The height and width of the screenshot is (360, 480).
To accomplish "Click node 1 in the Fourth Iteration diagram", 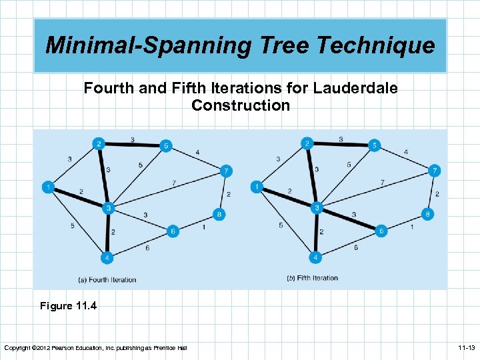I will (x=48, y=187).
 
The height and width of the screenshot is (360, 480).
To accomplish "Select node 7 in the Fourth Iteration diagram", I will (x=227, y=171).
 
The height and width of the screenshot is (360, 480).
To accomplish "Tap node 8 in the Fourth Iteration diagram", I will (x=219, y=214).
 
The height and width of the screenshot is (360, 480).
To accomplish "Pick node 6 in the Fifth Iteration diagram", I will (x=382, y=231).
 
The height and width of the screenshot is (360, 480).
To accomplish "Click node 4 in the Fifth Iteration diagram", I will (x=316, y=257).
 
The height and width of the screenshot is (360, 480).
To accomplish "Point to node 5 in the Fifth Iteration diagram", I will (x=375, y=145).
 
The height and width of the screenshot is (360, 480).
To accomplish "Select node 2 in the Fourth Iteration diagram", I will (x=99, y=143).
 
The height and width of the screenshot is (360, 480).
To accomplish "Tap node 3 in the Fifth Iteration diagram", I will (x=318, y=209).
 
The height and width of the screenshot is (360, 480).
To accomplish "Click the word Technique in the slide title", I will (x=377, y=45).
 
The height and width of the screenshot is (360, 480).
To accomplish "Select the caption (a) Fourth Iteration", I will (x=107, y=279).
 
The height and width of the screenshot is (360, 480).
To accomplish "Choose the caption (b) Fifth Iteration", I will (x=312, y=278).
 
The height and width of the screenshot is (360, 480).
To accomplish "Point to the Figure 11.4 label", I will (x=68, y=306).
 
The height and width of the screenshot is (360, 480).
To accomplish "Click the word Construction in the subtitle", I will (x=241, y=105).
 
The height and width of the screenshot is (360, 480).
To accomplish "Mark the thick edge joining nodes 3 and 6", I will (x=350, y=219).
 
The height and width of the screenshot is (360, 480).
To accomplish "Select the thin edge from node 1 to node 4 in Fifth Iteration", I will (x=285, y=221).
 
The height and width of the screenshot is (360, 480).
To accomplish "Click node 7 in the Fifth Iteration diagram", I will (x=434, y=170).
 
